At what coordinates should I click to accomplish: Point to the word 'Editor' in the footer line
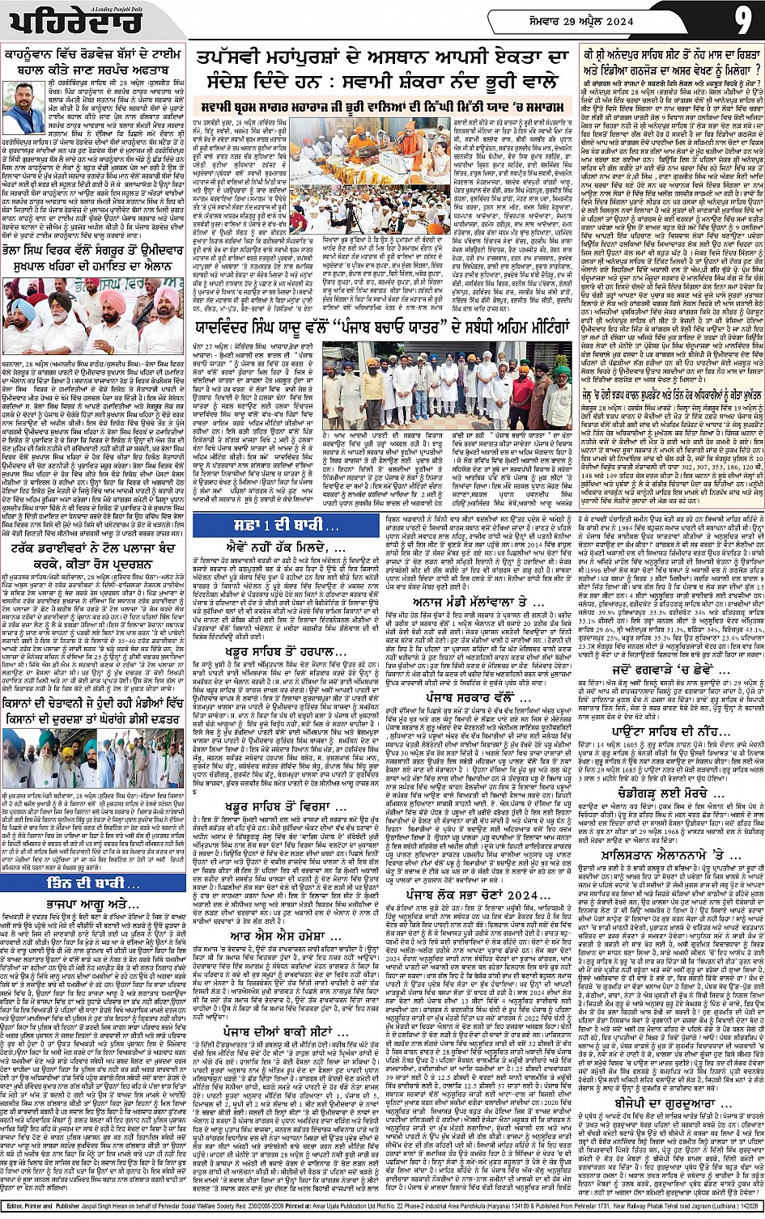pyautogui.click(x=18, y=1210)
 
